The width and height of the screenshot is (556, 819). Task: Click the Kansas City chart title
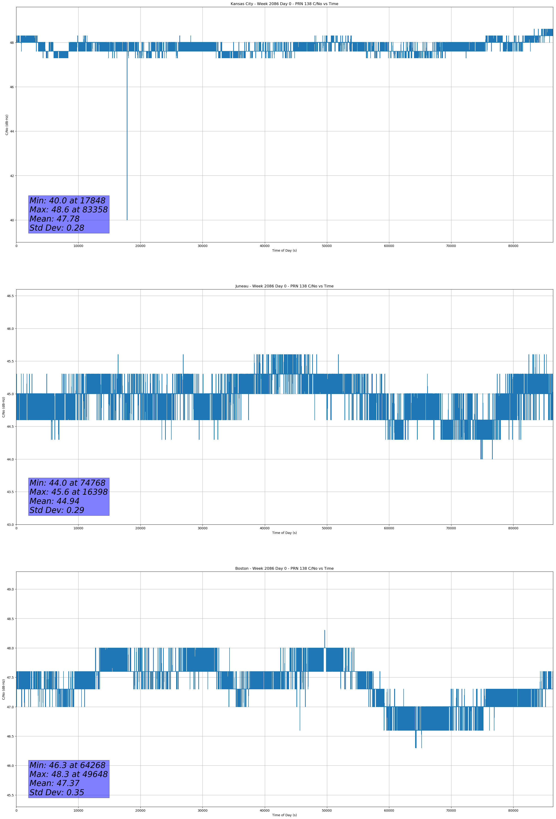pos(284,4)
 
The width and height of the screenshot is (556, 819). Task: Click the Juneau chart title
pos(284,286)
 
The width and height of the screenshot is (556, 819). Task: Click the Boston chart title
pos(284,569)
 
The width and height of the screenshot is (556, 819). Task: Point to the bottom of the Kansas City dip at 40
pos(127,219)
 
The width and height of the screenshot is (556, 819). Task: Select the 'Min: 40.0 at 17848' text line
pos(67,201)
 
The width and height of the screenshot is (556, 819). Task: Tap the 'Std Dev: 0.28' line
pos(57,228)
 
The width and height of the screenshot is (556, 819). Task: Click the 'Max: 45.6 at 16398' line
pos(68,492)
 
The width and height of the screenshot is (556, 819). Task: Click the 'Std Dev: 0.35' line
pos(57,792)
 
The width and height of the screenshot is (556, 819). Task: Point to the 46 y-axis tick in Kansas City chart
pos(12,87)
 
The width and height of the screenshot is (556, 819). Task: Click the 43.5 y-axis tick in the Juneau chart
pos(10,492)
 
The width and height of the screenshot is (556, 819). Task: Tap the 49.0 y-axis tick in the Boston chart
pos(10,589)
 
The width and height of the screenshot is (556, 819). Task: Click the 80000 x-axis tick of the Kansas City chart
pos(513,246)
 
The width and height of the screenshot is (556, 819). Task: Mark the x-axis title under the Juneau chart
pos(284,533)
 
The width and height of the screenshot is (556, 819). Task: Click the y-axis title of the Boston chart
pos(3,689)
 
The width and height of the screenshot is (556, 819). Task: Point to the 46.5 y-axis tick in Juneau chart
pos(10,296)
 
